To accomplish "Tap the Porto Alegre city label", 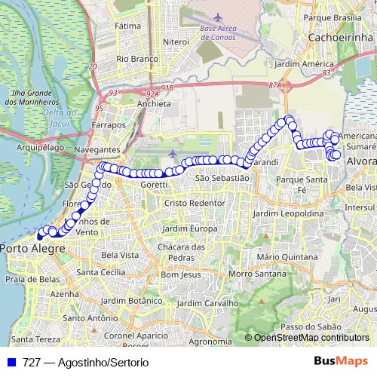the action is click(x=32, y=247).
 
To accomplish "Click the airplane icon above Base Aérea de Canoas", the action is click(x=219, y=17).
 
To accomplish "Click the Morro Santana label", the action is click(x=251, y=273).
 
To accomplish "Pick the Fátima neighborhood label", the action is click(x=128, y=25).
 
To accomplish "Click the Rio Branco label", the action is click(x=136, y=57).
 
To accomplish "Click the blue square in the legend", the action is click(x=11, y=362).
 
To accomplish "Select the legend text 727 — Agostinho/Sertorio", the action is click(x=85, y=362).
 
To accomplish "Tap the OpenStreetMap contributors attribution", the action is click(x=311, y=337).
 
